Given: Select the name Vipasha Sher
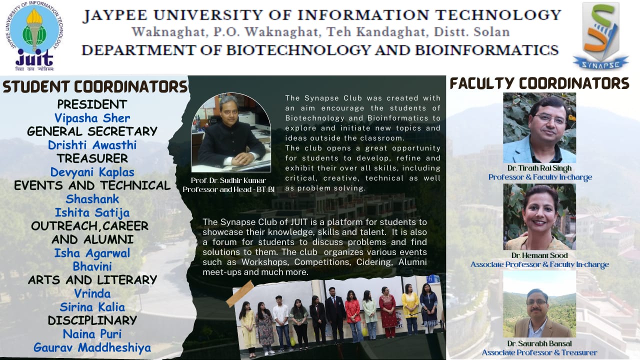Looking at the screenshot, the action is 92,118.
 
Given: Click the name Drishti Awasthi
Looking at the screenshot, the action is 92,145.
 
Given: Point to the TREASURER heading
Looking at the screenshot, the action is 92,158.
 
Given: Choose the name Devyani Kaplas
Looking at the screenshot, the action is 92,172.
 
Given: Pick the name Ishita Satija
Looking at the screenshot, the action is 92,213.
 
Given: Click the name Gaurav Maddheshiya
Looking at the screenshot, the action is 92,347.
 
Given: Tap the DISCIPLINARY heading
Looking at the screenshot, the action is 92,320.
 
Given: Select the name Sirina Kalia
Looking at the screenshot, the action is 92,307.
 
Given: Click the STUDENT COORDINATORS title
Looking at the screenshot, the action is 95,87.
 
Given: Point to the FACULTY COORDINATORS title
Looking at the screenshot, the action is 539,83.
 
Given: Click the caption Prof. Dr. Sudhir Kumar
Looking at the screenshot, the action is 228,180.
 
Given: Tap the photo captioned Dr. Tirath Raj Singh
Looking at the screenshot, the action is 539,127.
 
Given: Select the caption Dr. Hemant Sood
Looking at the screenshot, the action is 539,255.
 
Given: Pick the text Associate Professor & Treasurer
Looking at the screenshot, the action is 539,352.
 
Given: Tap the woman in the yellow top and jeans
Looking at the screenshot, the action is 410,309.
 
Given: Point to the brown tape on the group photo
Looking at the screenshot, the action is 239,293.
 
